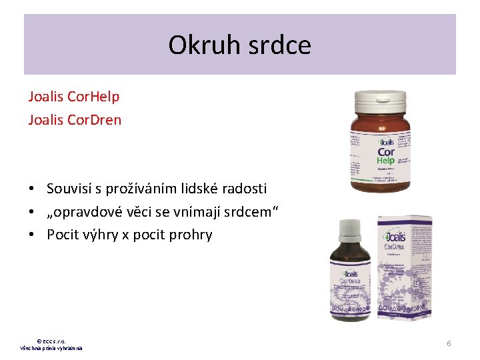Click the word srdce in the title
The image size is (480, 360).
[282, 45]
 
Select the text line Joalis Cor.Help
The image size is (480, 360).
[74, 97]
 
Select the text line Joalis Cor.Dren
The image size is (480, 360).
[75, 120]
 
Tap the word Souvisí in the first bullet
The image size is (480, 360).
[71, 189]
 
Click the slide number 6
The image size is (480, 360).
[449, 343]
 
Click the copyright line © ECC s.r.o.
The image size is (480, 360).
[51, 341]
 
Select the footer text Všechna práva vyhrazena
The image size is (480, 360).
[51, 348]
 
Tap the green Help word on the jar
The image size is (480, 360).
[386, 161]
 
